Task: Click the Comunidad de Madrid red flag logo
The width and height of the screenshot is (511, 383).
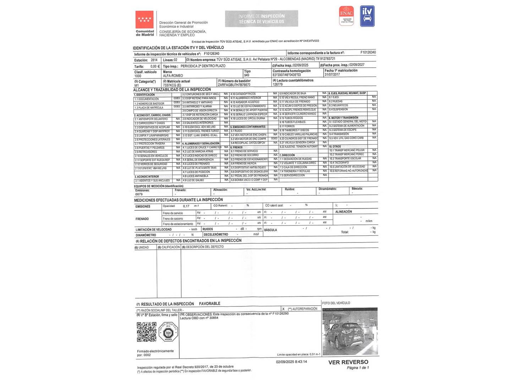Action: click(x=144, y=20)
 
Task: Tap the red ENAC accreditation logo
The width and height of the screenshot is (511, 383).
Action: click(x=346, y=16)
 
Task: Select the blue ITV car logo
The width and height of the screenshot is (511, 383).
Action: click(x=367, y=16)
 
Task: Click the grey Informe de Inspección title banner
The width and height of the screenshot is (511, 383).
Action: click(x=262, y=19)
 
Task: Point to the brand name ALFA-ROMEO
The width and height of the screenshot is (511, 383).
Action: click(x=173, y=76)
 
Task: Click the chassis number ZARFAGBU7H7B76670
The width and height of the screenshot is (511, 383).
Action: click(x=234, y=85)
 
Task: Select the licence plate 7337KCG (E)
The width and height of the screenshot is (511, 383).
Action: click(x=172, y=85)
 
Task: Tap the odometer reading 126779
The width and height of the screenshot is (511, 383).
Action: click(x=278, y=85)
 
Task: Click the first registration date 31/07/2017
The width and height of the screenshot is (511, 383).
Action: click(x=332, y=74)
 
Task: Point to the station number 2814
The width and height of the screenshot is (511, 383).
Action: click(x=154, y=60)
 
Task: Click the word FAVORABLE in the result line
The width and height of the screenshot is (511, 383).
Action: click(x=209, y=304)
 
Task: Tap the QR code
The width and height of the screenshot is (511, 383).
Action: click(x=147, y=332)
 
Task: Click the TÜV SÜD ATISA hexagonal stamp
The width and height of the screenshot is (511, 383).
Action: click(x=168, y=332)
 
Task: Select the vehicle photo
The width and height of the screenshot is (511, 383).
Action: click(x=350, y=331)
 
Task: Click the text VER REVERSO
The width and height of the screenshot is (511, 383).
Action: click(x=348, y=362)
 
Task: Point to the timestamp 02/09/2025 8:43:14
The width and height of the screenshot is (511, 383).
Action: click(x=291, y=362)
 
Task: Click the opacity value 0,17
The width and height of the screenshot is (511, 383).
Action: click(x=186, y=206)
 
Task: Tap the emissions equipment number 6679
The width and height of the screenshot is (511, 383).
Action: click(x=139, y=194)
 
